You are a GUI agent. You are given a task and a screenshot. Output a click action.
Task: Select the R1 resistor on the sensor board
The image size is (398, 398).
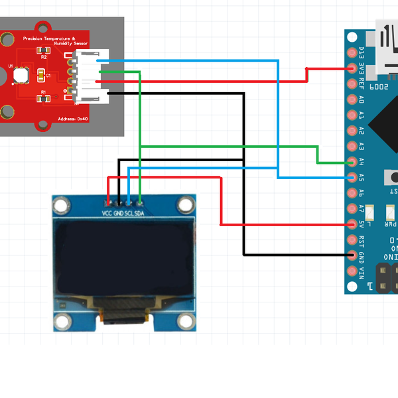pos(43,98)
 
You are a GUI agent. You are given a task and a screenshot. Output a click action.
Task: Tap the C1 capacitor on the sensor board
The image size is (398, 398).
pos(41,75)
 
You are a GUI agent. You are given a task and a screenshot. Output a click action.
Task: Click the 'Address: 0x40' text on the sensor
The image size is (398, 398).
pos(72,119)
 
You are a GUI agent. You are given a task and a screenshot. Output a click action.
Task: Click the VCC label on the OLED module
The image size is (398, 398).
pos(107,213)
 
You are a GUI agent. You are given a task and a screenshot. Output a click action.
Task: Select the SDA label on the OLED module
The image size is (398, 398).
pos(140,213)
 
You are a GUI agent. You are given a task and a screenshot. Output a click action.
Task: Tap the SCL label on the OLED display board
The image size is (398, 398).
pos(129,213)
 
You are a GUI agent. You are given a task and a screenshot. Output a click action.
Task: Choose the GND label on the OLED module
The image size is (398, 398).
pos(118,213)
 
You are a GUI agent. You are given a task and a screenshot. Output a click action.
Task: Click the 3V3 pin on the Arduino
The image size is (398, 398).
pos(352,68)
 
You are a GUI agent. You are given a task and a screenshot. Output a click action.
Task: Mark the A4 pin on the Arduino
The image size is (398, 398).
pos(352,161)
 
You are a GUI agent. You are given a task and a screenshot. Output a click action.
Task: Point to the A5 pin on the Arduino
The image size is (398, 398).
pos(352,176)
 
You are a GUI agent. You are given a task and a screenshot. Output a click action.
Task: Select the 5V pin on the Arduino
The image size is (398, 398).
pos(352,224)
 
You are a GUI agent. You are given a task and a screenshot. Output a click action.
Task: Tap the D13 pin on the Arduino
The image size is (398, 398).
pos(352,52)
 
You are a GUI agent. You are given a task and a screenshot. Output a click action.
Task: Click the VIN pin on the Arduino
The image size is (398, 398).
pos(352,271)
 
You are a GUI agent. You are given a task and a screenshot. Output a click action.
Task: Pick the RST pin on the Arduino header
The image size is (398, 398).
pos(352,239)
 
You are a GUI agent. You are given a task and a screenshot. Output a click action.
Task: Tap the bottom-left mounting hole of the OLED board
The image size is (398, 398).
pos(63,322)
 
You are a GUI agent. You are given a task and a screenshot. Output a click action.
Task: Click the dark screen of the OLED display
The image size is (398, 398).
pos(124,259)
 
